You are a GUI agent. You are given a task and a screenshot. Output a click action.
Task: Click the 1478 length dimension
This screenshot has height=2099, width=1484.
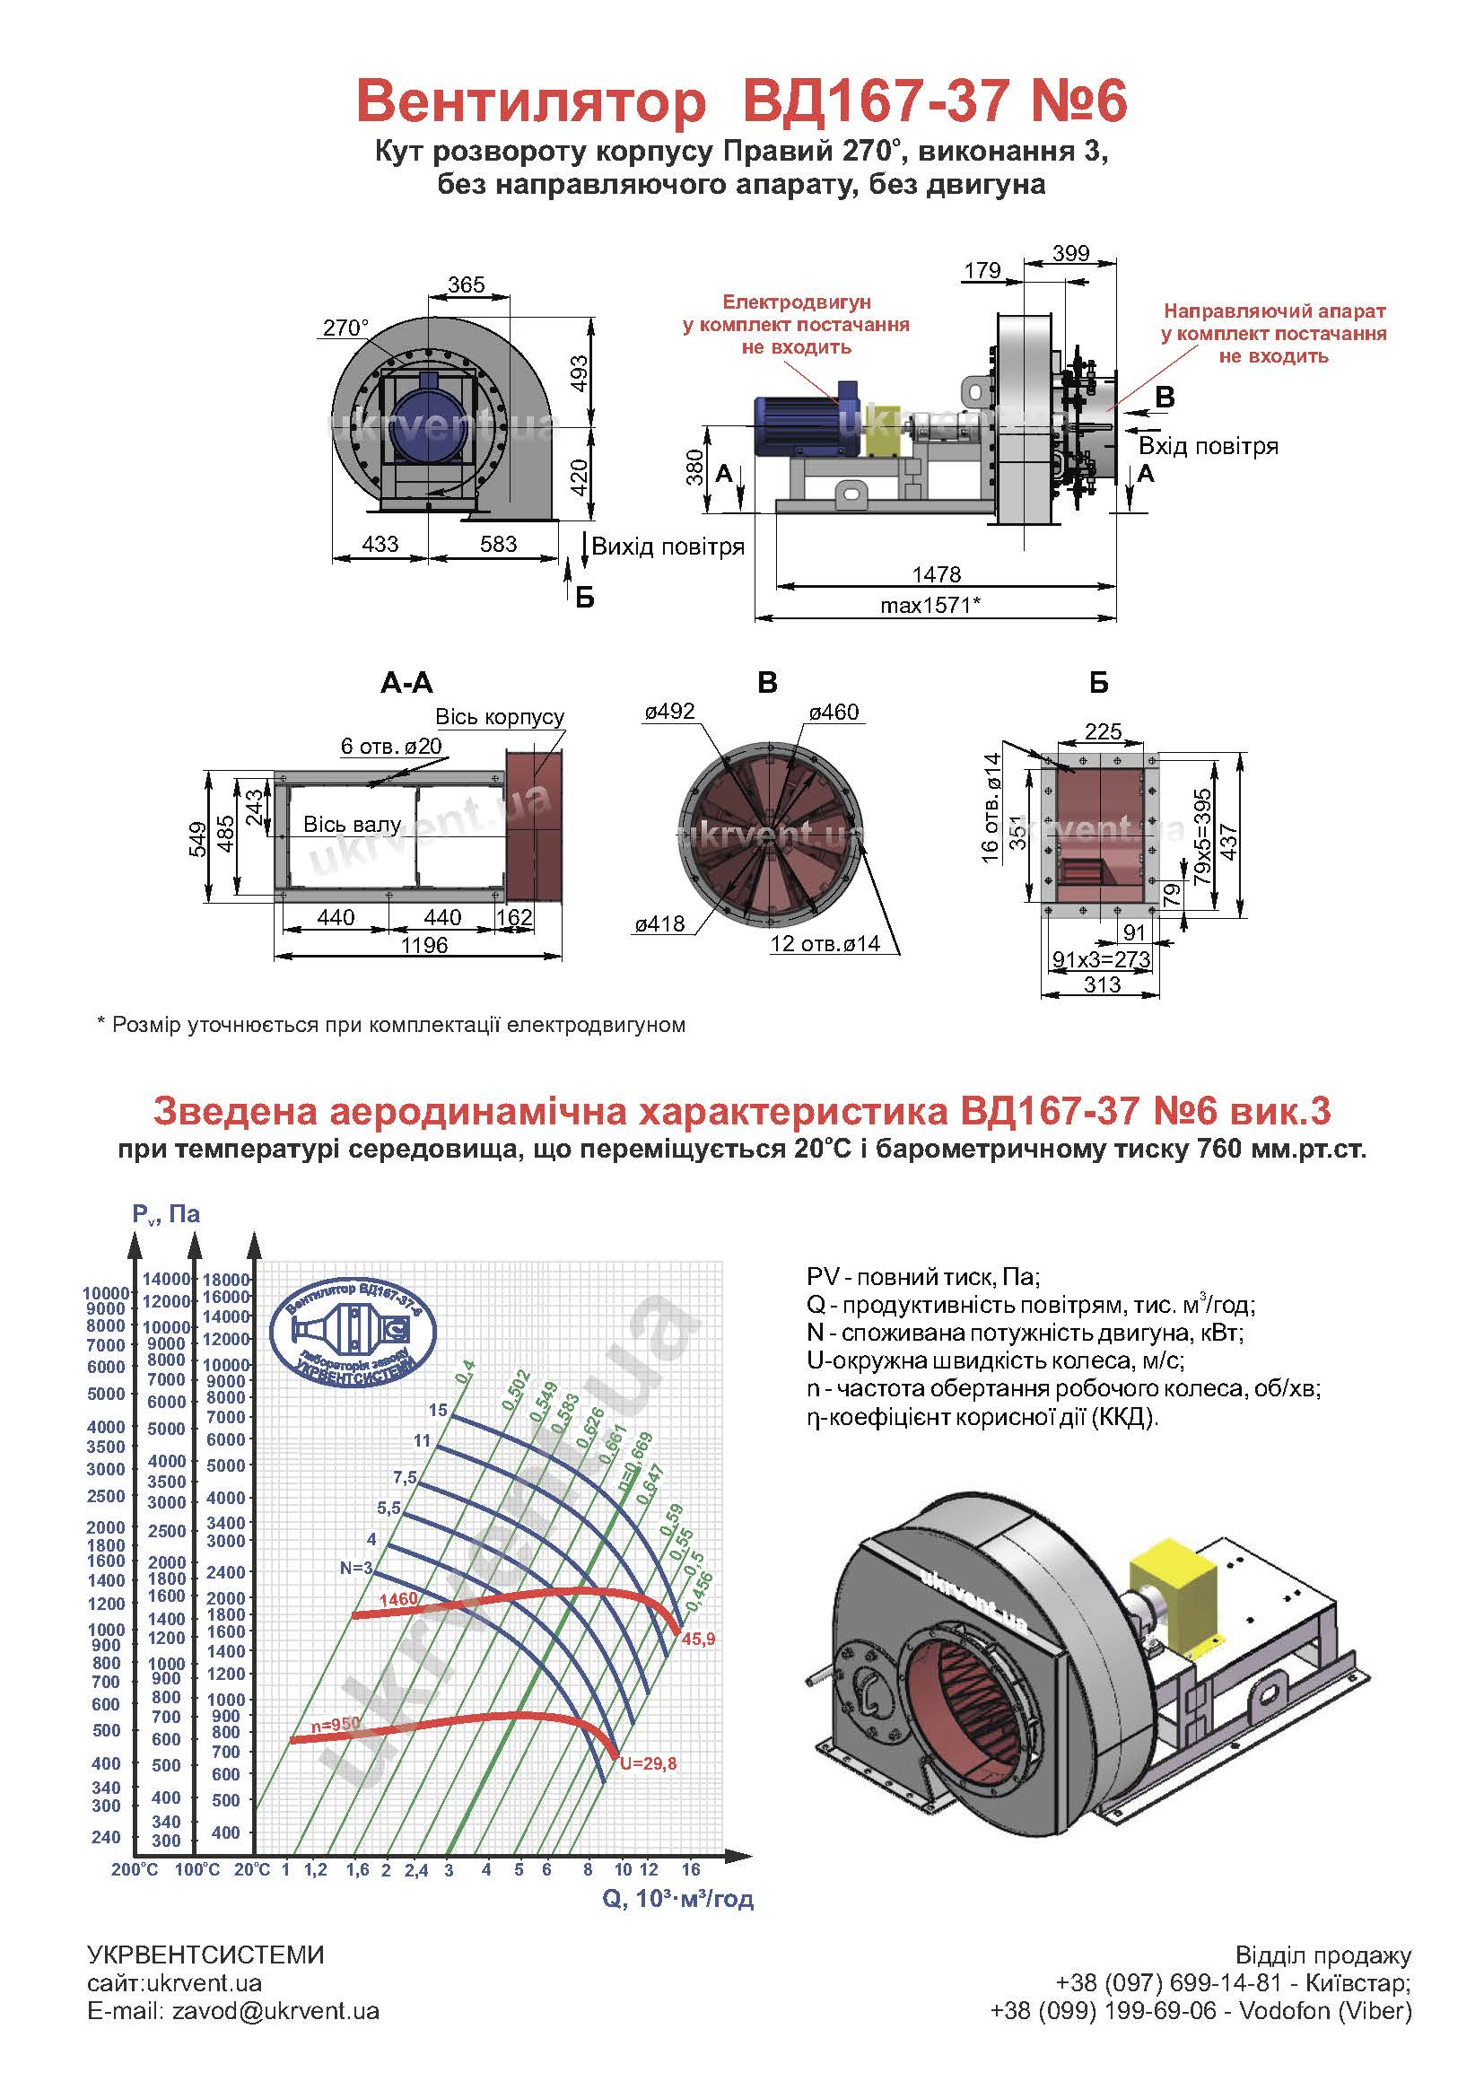click(937, 573)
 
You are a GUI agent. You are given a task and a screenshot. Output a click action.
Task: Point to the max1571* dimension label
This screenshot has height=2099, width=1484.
click(930, 604)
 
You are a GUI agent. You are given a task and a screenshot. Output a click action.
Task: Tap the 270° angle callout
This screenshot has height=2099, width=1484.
click(345, 328)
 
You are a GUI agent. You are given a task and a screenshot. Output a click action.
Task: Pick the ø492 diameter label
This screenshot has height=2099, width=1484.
click(670, 712)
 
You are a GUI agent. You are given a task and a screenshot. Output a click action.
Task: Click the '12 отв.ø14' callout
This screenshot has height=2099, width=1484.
click(825, 943)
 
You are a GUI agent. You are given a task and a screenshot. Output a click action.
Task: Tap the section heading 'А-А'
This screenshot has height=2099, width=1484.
click(406, 682)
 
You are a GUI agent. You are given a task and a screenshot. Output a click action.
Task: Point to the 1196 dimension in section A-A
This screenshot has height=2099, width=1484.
click(424, 945)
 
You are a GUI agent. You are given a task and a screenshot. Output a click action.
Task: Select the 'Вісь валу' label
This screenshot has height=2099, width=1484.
click(352, 825)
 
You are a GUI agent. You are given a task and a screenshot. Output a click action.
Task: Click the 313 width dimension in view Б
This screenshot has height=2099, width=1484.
click(1102, 984)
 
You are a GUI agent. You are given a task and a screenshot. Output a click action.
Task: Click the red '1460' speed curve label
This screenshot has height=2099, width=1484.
click(398, 1599)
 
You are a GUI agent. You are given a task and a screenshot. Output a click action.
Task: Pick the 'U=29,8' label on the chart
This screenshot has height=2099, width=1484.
click(648, 1763)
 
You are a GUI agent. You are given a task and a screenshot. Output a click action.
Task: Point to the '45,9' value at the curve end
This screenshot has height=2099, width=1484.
click(698, 1640)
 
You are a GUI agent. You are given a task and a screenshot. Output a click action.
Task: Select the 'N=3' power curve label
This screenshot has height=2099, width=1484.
click(356, 1568)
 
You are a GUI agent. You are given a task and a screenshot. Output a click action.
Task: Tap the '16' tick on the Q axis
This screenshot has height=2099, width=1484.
click(691, 1869)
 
